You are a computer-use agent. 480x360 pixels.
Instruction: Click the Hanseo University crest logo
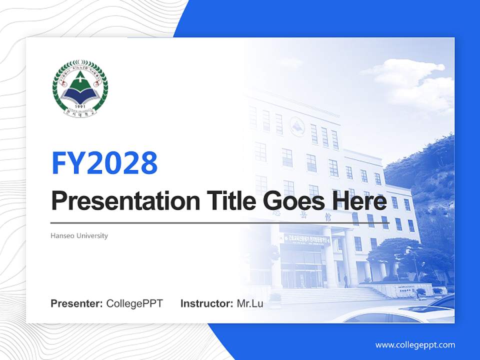click(x=80, y=88)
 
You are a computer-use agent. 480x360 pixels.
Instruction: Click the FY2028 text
click(x=104, y=162)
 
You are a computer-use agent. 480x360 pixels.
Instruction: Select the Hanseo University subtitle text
click(x=79, y=235)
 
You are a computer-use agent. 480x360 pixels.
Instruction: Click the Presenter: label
click(x=77, y=303)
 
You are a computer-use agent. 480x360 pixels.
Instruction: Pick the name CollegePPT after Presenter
click(x=134, y=303)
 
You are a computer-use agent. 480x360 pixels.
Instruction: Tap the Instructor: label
click(x=206, y=303)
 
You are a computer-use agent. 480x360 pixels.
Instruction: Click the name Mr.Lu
click(x=250, y=303)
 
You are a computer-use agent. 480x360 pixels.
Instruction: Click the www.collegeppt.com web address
click(x=415, y=344)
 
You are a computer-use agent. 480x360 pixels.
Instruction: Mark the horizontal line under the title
click(x=220, y=223)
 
